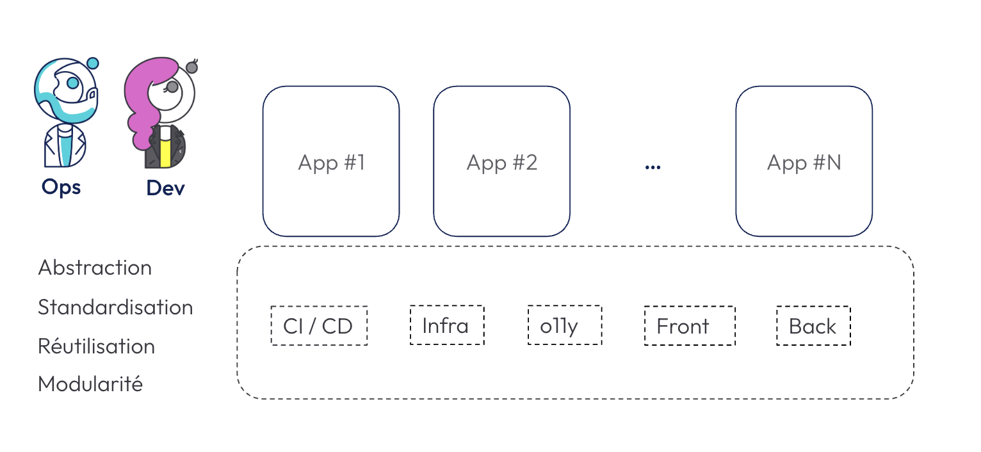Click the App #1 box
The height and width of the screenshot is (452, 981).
tap(331, 161)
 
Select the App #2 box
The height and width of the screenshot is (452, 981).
tap(501, 161)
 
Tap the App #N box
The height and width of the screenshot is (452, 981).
tap(804, 161)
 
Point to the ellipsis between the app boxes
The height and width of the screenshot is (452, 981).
tap(653, 167)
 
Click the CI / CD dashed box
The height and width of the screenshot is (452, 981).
tap(320, 326)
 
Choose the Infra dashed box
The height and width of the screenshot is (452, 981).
tap(447, 325)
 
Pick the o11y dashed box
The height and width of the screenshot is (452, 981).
tap(565, 325)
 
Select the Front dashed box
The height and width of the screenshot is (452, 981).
tap(690, 326)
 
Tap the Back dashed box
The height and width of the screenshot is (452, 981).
tap(814, 326)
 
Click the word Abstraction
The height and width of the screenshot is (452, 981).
tap(95, 268)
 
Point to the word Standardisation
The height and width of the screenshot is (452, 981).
tap(115, 307)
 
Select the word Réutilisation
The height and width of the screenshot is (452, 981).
tap(96, 346)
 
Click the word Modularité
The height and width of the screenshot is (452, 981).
tap(91, 383)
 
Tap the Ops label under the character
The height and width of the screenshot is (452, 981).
tap(61, 188)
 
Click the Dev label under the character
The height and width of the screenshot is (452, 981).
tap(166, 188)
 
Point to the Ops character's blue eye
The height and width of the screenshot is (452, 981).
tap(73, 83)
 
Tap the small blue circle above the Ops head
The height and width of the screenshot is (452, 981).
tap(93, 63)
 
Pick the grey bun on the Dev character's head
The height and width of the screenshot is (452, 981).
tap(192, 67)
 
